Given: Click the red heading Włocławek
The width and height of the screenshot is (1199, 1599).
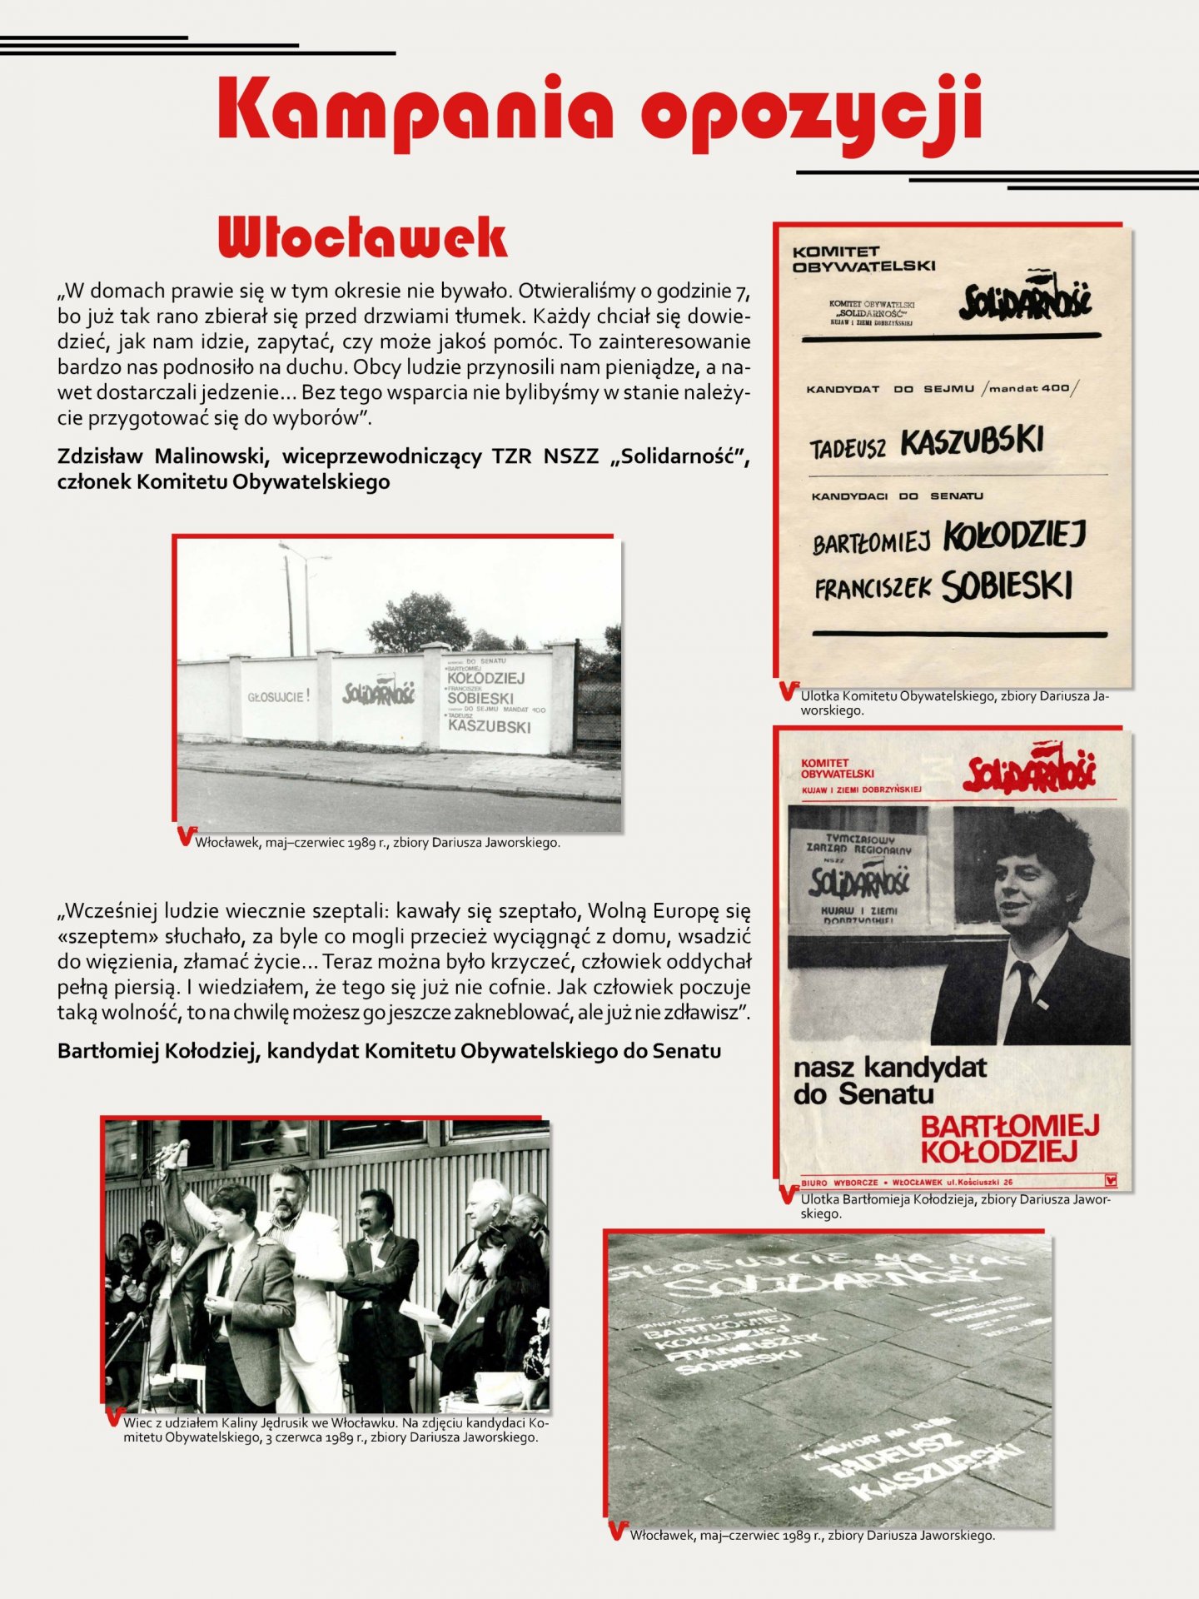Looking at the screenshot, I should coord(362,238).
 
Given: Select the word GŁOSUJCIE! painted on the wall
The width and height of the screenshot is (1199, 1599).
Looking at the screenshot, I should coord(278,696).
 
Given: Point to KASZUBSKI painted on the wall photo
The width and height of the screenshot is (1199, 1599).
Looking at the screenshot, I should coord(489,726).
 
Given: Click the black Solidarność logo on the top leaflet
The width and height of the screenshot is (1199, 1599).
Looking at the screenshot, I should coord(1025,300).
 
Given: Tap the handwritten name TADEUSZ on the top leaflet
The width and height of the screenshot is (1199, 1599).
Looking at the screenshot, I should coord(848,449).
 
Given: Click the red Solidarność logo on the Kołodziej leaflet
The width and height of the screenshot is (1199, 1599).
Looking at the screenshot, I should coord(1030,770).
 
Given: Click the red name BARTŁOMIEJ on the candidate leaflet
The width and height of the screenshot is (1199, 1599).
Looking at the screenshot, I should coord(1009,1127).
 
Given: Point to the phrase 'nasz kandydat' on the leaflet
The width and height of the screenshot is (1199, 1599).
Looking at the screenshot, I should coord(889,1068).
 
